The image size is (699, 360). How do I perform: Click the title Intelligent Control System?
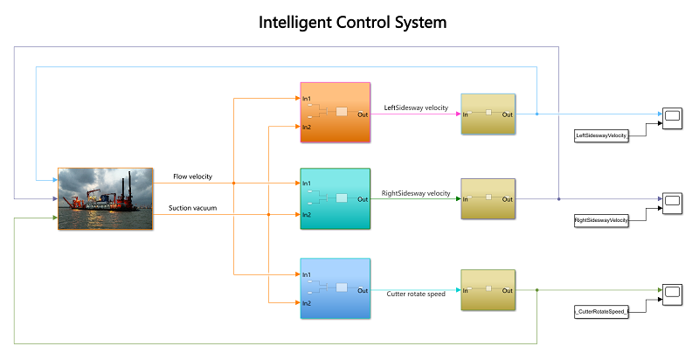[353, 22]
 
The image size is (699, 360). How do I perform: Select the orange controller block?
[336, 112]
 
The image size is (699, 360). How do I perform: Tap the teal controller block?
[336, 198]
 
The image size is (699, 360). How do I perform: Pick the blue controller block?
[336, 288]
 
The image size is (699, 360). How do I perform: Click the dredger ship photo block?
[105, 198]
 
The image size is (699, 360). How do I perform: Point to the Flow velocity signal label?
[192, 177]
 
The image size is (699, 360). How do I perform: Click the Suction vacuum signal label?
[192, 208]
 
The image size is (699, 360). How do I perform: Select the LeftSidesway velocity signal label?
[416, 107]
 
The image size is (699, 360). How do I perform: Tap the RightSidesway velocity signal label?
[416, 193]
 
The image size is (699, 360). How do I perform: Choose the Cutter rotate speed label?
[416, 294]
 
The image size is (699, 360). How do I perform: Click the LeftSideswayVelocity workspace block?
[601, 135]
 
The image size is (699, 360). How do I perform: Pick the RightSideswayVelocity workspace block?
[601, 220]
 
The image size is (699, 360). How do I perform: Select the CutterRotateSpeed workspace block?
[601, 312]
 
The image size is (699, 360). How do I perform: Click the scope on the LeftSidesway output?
[672, 119]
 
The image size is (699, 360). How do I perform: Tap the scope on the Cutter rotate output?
[672, 294]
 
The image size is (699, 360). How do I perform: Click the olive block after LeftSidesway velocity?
[488, 114]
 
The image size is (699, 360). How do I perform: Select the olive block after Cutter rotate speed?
[488, 290]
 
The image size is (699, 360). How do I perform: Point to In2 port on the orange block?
[307, 128]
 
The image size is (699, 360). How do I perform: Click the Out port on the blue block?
[363, 290]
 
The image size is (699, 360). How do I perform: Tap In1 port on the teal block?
[307, 183]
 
